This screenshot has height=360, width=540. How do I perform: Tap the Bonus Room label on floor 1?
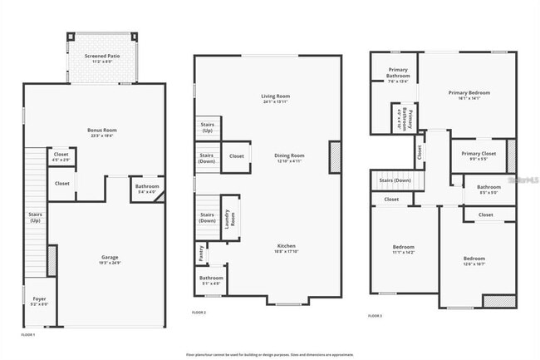coord(102,132)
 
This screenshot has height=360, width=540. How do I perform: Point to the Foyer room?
coord(40,300)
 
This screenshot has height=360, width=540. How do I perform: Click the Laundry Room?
coord(230,218)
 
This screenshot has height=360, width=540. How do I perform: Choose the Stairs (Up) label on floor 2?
coord(207,129)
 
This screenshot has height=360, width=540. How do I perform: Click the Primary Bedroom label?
coord(469,95)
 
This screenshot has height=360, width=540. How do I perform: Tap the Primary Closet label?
coord(479,155)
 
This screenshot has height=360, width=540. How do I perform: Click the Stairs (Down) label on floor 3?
coord(395,180)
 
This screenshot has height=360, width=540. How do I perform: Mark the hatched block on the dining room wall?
coord(336,157)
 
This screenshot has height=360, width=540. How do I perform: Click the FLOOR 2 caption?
coord(199,312)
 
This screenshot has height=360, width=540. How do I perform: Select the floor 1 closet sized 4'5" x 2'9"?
coord(61,155)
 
